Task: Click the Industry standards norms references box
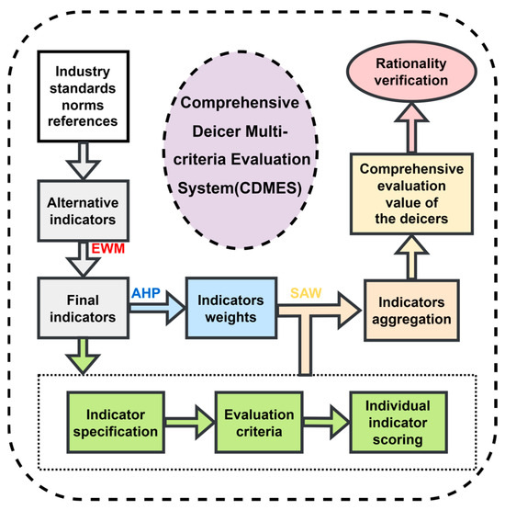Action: pos(84,96)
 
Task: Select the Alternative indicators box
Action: pos(84,210)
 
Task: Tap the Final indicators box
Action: pos(84,308)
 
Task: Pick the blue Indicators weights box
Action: pos(231,308)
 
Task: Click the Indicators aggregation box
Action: pos(411,311)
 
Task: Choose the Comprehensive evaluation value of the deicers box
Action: pos(411,194)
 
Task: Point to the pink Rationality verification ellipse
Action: pos(411,72)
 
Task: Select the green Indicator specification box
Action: pos(116,423)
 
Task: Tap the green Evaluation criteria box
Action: pos(259,423)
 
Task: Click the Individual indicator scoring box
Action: pos(398,423)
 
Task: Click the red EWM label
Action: pos(108,248)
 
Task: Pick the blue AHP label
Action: pos(146,293)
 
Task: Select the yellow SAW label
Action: pos(306,293)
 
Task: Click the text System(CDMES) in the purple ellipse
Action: pos(240,188)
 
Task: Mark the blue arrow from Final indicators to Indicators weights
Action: pos(157,308)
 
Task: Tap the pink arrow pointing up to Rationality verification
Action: pos(411,128)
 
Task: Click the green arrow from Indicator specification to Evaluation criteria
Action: pos(189,423)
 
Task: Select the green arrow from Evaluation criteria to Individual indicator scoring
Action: pos(326,423)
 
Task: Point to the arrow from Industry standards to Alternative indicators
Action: pos(84,161)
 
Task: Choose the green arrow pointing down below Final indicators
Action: pos(84,357)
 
